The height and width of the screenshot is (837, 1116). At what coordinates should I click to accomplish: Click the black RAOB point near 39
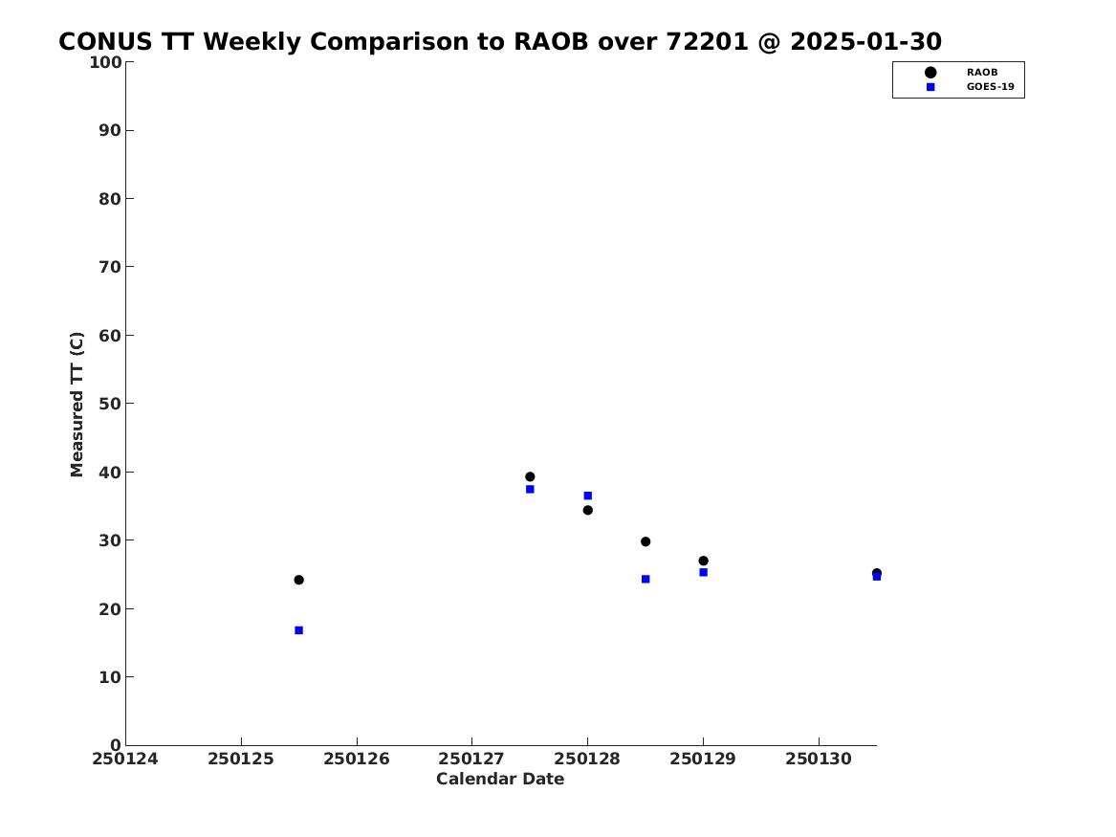click(x=530, y=477)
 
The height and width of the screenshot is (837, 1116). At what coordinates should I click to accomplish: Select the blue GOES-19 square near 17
click(x=299, y=629)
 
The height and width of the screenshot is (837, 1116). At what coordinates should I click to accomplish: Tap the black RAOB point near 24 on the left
click(x=299, y=580)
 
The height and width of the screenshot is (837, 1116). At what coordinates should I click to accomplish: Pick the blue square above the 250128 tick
click(x=588, y=496)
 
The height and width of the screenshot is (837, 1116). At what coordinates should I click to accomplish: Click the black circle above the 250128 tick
click(x=588, y=510)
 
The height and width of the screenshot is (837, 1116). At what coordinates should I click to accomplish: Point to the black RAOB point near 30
click(x=646, y=541)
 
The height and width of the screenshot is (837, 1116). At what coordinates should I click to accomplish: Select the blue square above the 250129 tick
click(x=703, y=572)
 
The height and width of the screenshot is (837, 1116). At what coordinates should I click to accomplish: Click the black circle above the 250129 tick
click(x=703, y=561)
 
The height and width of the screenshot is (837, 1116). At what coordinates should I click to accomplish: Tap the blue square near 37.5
click(x=530, y=489)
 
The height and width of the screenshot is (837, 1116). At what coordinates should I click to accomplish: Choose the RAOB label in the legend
click(x=982, y=73)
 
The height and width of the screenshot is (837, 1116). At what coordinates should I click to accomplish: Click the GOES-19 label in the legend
click(x=990, y=87)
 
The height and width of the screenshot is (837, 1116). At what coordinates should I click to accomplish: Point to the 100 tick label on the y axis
click(x=105, y=62)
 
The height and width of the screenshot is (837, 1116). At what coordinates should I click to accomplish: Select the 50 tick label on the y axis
click(x=110, y=404)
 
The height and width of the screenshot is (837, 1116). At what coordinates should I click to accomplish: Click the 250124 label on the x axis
click(x=125, y=759)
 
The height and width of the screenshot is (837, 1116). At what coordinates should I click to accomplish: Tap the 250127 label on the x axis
click(x=471, y=759)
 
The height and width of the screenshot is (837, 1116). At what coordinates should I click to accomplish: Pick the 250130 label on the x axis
click(x=819, y=759)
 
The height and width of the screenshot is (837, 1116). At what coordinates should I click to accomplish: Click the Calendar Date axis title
click(x=500, y=780)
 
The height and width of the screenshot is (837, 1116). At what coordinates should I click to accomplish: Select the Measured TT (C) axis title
click(x=77, y=404)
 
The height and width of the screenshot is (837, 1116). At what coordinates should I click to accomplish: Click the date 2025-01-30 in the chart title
click(x=865, y=42)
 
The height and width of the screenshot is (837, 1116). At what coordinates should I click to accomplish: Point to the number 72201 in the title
click(x=708, y=42)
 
